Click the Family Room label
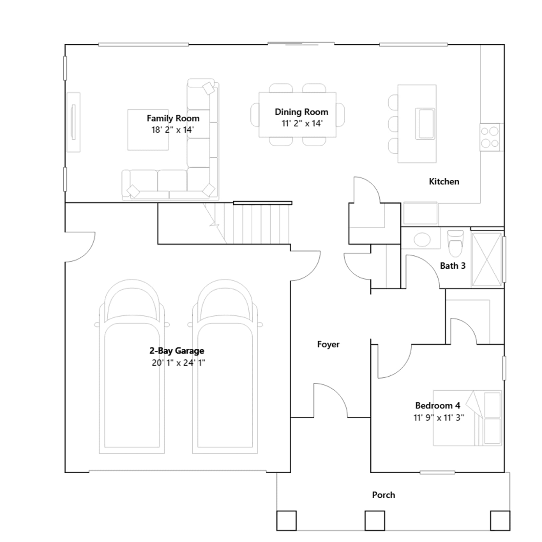pos(173,118)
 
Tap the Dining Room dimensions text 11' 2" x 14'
pos(302,123)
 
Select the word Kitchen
pos(444,182)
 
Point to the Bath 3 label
pos(453,266)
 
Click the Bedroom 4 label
pos(438,405)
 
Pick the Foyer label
pos(328,345)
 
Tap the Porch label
pos(383,495)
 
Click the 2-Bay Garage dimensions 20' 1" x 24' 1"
pos(178,363)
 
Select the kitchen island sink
pos(425,124)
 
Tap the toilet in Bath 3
pos(455,244)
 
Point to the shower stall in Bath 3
pos(486,259)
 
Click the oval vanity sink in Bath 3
pos(422,239)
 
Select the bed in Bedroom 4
pos(467,418)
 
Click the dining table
pos(297,114)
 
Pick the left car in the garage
pos(132,367)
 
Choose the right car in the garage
pos(225,367)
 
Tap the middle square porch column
pos(375,521)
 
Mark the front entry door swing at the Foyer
pos(331,400)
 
